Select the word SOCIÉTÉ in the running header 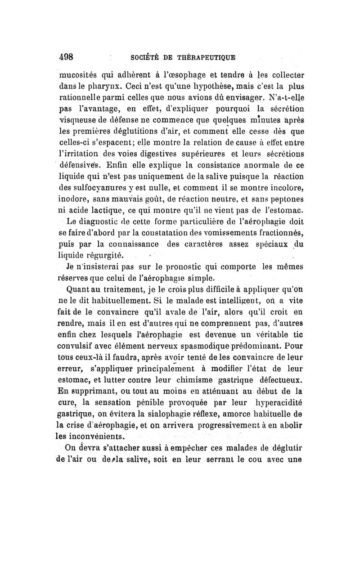(135, 58)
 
